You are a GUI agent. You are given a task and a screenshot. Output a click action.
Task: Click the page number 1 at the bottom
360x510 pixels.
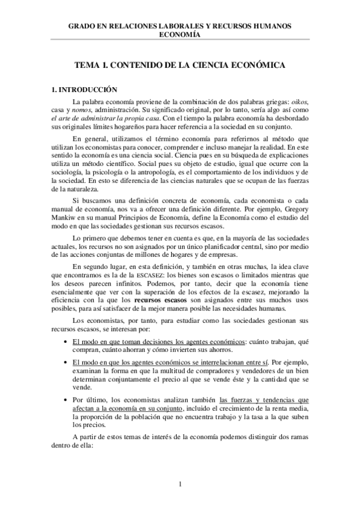point(179,484)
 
